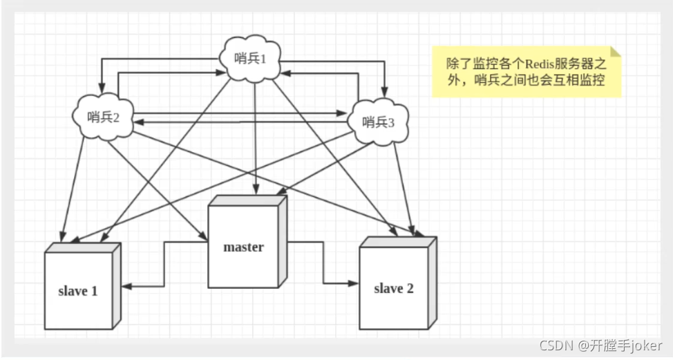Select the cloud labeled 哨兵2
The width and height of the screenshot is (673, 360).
104,116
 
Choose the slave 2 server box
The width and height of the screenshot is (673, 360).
393,287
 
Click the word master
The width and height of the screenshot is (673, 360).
243,247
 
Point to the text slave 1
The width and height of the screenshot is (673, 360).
77,291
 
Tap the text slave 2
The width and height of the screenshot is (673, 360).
393,288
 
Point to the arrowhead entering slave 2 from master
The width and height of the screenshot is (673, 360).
354,283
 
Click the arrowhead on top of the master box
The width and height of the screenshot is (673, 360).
257,191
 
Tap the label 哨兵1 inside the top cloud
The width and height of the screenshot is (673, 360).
251,59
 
